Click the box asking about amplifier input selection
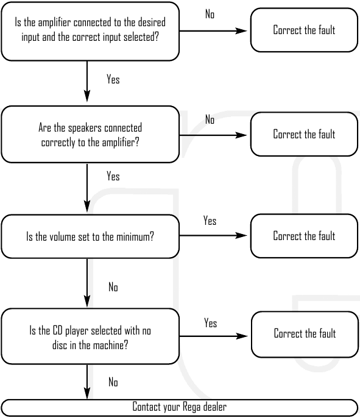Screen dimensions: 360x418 click(90, 31)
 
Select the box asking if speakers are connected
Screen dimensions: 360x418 click(90, 134)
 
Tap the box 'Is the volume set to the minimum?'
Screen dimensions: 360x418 click(90, 236)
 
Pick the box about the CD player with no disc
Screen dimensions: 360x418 click(90, 336)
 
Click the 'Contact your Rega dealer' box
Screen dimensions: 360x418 click(179, 407)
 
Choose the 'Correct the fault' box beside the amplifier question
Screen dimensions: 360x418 click(304, 30)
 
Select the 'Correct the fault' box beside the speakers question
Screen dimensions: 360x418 click(304, 134)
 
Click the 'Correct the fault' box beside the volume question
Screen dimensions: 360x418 click(304, 236)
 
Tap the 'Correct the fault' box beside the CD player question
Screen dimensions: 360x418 click(305, 335)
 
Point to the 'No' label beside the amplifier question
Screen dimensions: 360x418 click(210, 14)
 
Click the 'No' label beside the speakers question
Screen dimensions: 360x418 click(210, 119)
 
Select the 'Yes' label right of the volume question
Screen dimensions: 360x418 click(210, 221)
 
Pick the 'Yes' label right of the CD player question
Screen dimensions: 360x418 click(211, 323)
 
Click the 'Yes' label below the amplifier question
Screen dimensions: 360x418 click(113, 79)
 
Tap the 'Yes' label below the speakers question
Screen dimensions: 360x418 click(113, 176)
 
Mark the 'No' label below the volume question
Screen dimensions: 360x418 click(113, 287)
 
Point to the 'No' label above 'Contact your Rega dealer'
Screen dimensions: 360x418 click(113, 382)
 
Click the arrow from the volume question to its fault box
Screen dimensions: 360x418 click(213, 236)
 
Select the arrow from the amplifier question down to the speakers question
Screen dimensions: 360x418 click(87, 81)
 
